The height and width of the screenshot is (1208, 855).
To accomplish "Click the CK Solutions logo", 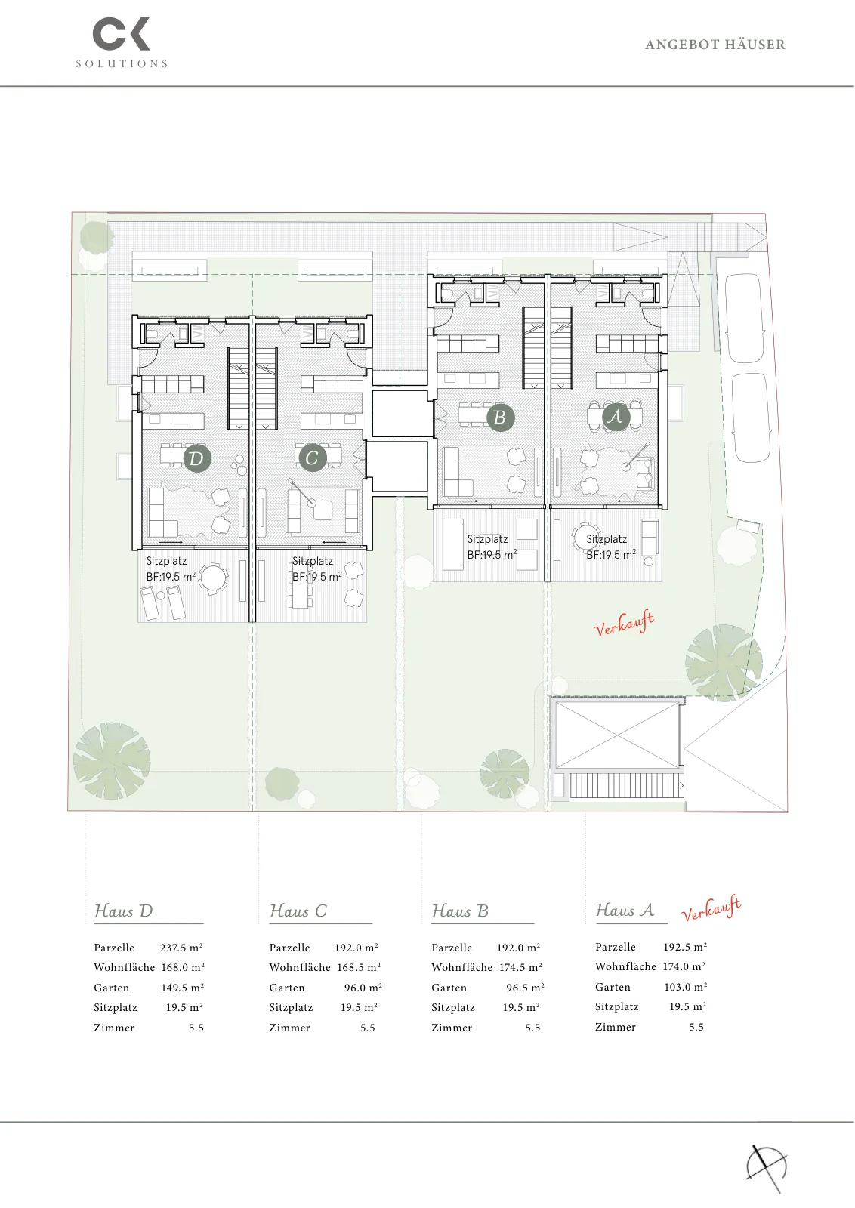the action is point(122,42).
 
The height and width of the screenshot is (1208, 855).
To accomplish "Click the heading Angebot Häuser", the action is point(715,45).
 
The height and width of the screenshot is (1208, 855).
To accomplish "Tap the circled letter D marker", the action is point(197,458).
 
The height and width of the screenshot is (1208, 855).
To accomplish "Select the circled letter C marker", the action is point(313,458).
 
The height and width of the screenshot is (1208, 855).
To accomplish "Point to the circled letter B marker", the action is point(500,417).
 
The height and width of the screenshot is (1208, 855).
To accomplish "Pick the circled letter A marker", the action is point(616,416).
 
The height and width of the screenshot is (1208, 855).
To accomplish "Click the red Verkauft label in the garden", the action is point(624,623).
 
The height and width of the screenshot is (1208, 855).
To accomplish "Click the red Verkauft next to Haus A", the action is point(711,908).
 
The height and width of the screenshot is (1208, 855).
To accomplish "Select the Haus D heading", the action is point(124,911).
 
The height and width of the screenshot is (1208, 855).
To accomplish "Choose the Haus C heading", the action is point(298,911).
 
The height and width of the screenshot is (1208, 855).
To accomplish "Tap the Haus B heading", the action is point(460,911).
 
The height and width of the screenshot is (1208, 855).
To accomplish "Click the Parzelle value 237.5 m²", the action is point(181,948).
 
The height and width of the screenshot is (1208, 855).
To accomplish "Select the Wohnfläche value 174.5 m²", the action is point(520,967).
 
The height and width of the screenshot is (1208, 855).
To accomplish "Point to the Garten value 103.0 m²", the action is point(686,986).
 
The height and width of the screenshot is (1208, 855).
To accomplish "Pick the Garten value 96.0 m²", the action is point(363,988).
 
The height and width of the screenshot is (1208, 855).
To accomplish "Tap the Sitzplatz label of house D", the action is point(166,561).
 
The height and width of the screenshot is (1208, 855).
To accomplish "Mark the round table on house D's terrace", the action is point(214,578).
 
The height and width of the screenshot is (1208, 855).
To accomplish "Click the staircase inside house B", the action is point(533,347).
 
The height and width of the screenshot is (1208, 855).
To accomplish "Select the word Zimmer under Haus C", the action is point(290,1028).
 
